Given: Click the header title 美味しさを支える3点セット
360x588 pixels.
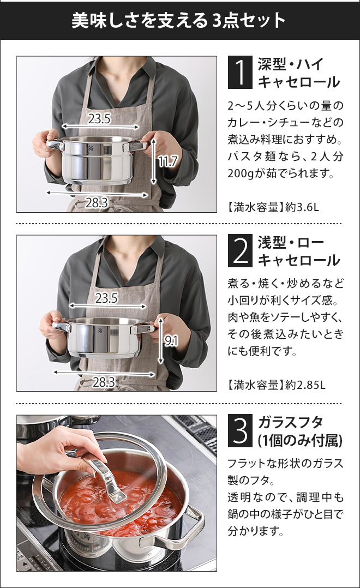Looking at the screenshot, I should point(179,20).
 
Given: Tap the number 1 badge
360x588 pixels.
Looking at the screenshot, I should point(239,73).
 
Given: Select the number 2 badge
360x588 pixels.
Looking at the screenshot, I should point(239,251).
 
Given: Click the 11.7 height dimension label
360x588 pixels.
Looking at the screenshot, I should point(167,161).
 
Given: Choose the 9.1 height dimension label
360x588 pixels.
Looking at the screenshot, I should point(171,341).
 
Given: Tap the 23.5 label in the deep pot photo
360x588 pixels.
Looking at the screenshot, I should point(99,118).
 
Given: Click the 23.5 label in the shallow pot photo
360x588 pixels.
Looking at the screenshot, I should point(106,298).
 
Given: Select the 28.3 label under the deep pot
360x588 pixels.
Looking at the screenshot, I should point(97,203).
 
